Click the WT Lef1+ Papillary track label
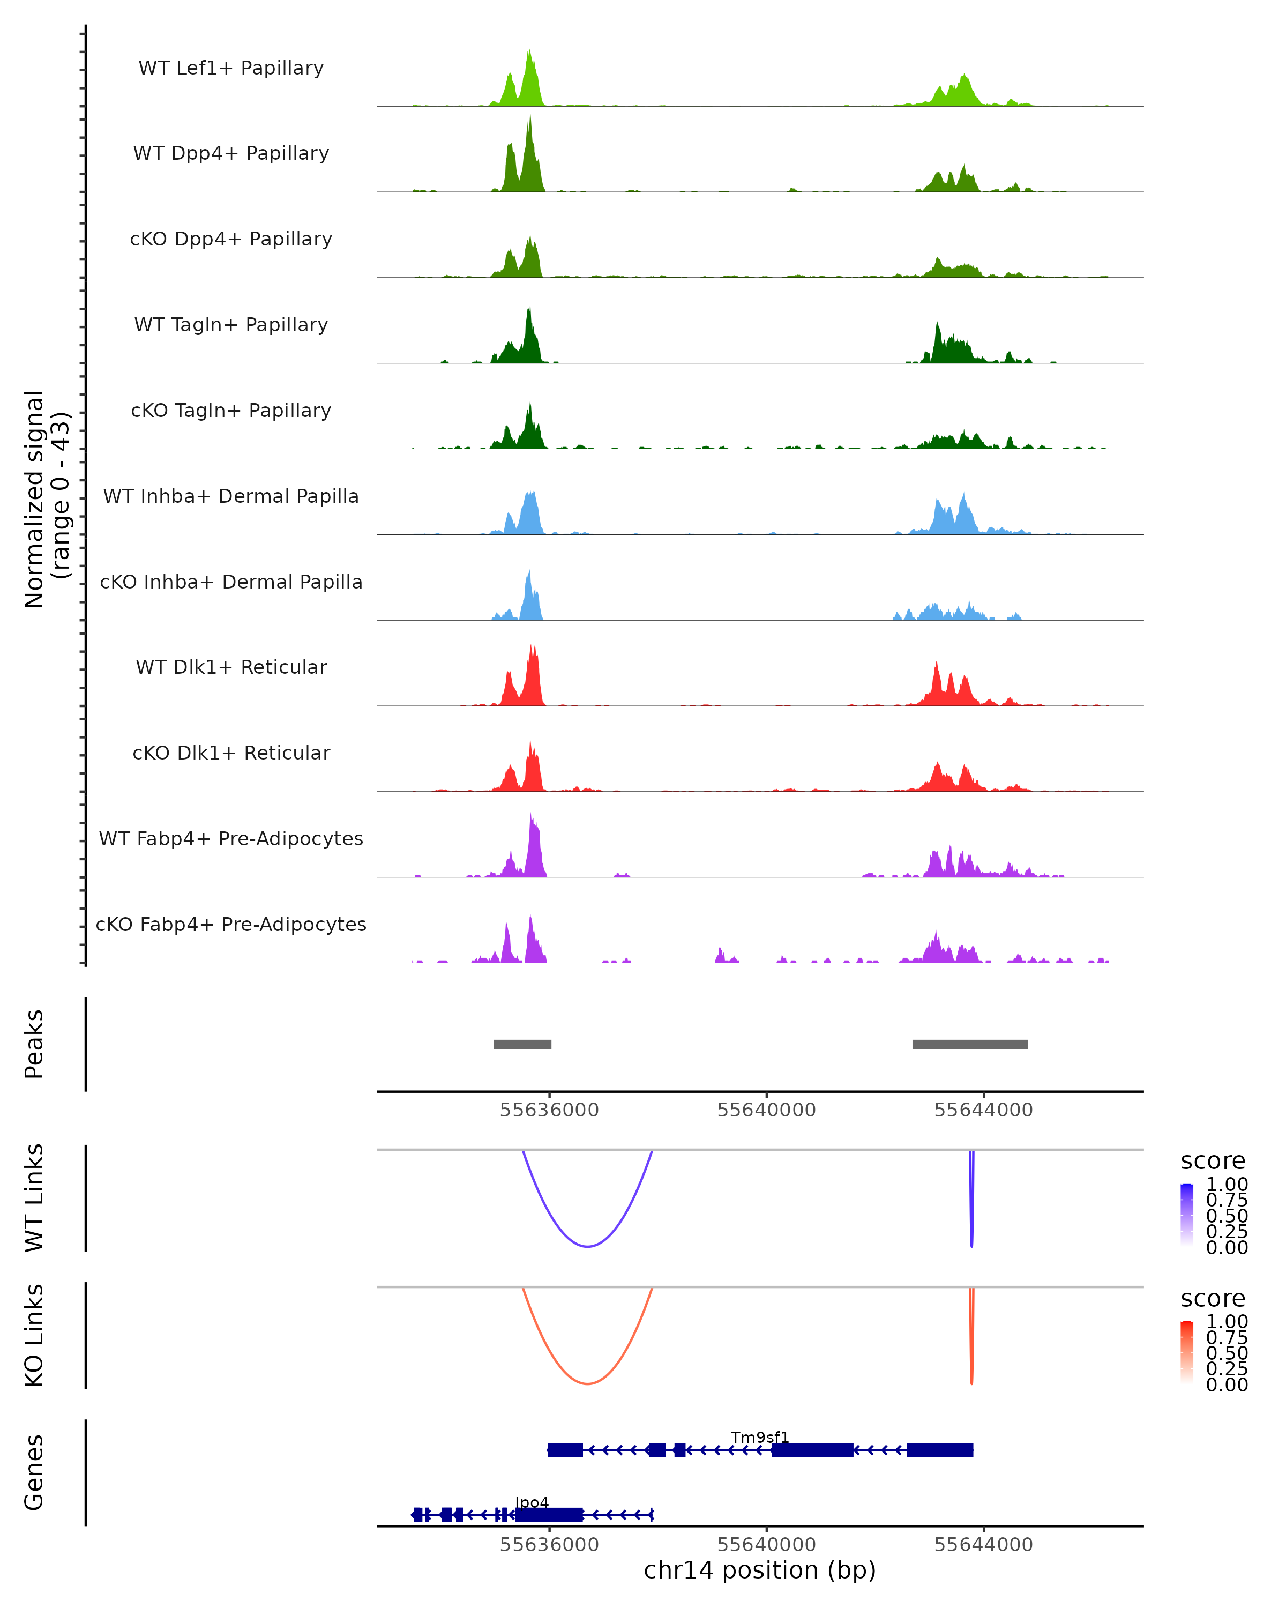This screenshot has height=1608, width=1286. [231, 68]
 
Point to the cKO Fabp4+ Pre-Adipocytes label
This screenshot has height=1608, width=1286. [231, 924]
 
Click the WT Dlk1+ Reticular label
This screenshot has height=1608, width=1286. [231, 667]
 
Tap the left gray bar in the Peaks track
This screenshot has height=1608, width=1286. [522, 1044]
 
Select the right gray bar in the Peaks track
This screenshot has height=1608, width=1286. [969, 1044]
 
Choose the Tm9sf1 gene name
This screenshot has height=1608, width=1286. [760, 1437]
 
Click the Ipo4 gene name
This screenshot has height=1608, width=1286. [532, 1502]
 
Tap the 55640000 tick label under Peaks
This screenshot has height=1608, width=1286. [766, 1110]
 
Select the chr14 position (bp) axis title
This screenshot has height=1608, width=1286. [760, 1570]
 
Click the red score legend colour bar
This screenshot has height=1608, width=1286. [1187, 1352]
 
